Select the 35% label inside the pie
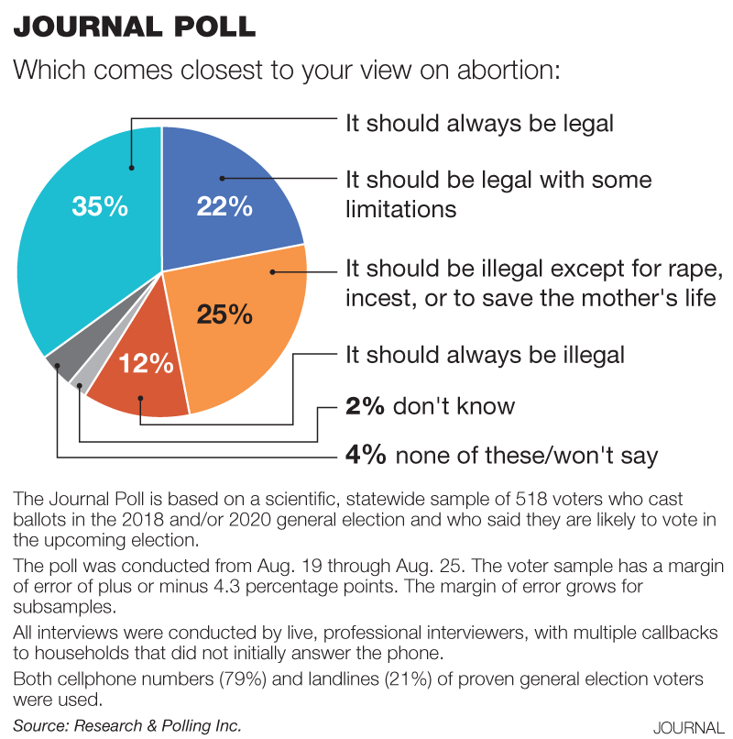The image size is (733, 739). click(99, 206)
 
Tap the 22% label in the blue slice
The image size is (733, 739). click(224, 206)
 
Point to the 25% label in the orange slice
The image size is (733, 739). click(224, 314)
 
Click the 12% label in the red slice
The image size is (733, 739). click(146, 363)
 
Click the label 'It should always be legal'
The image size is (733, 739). click(479, 123)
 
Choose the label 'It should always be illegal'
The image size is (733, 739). click(485, 354)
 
